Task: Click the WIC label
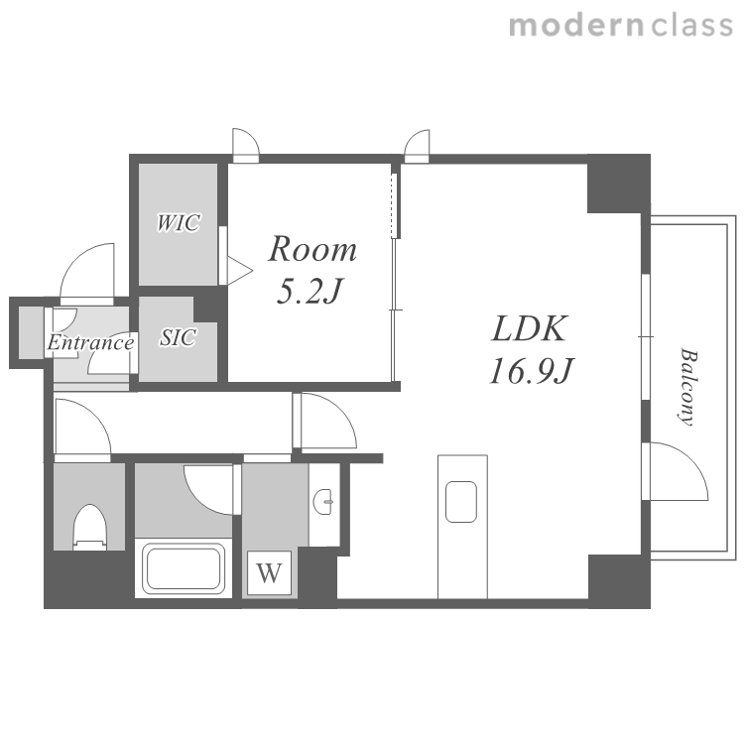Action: [x=178, y=222]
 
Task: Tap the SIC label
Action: [x=178, y=337]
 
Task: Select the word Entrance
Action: [x=90, y=342]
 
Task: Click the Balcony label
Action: [x=688, y=387]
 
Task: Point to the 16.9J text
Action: [x=532, y=371]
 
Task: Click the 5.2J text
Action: [x=309, y=291]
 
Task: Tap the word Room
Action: [x=312, y=249]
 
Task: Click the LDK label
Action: [x=529, y=328]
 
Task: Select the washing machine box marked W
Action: [x=269, y=572]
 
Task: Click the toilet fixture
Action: [x=89, y=527]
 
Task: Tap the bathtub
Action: [x=184, y=569]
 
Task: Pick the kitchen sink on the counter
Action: [x=460, y=502]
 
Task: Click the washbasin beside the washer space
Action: [x=323, y=502]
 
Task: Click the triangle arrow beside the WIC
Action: [x=240, y=271]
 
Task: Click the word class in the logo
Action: [x=692, y=25]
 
